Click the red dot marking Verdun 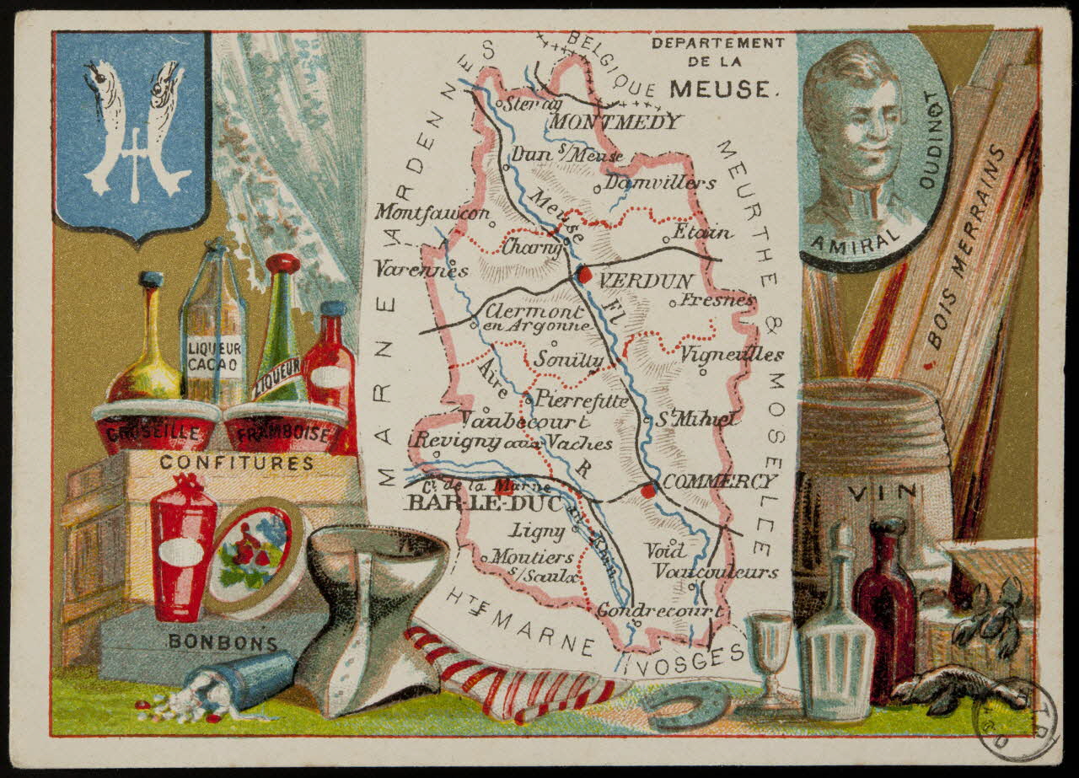(x=583, y=274)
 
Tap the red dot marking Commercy (x=647, y=490)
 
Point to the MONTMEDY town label (x=615, y=122)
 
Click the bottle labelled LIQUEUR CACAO (x=213, y=333)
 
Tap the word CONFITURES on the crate (x=236, y=463)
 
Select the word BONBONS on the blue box (x=223, y=641)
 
